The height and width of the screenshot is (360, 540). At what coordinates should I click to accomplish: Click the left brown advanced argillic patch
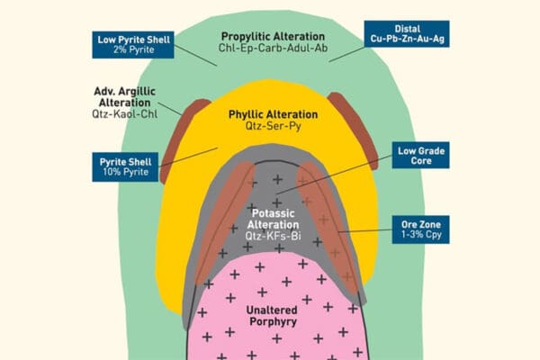183,135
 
